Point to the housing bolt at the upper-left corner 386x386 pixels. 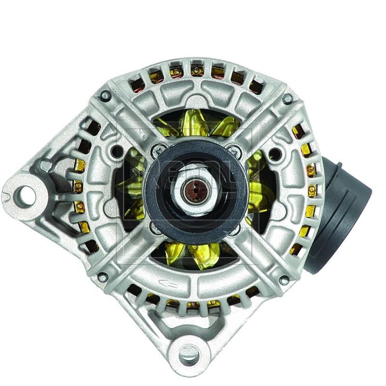tap(105, 96)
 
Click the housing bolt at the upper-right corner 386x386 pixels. tap(288, 98)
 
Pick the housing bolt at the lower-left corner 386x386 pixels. tap(102, 277)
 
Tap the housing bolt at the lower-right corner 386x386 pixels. tap(284, 279)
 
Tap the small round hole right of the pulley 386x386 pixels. tap(274, 154)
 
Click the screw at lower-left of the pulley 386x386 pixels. tap(154, 225)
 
